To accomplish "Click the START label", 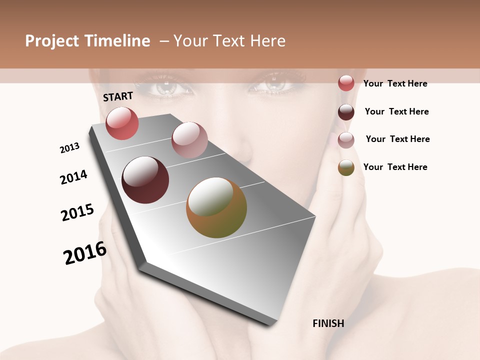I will [118, 96].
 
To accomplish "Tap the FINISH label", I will [328, 323].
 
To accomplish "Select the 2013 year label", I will [69, 148].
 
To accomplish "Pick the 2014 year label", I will [73, 177].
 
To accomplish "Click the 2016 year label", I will [85, 253].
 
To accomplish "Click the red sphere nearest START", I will [122, 123].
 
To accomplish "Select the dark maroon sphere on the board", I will [145, 180].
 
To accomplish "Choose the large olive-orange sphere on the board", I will [216, 207].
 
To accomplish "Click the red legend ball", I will [346, 83].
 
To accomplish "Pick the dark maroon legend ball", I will [346, 112].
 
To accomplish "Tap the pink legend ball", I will [346, 140].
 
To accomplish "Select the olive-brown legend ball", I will [346, 167].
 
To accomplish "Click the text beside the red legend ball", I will [395, 83].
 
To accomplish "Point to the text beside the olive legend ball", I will [395, 167].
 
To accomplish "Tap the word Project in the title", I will [52, 41].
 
